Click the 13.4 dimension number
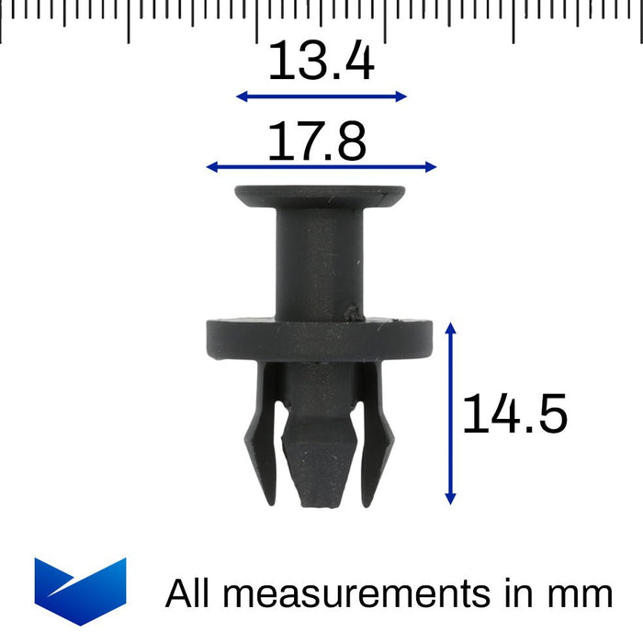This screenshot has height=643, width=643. [321, 63]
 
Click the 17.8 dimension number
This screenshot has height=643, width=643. [317, 141]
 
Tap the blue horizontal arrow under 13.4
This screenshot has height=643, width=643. [321, 96]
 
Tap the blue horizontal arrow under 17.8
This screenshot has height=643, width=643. [321, 166]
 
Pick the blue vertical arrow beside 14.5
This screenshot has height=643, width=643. [450, 413]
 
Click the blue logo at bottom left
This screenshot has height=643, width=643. [80, 591]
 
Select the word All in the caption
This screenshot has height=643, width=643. [190, 593]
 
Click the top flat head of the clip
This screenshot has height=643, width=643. [320, 196]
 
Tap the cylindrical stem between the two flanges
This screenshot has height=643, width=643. [320, 262]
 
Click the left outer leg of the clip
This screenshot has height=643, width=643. [261, 432]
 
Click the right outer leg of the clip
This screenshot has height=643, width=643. [377, 432]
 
